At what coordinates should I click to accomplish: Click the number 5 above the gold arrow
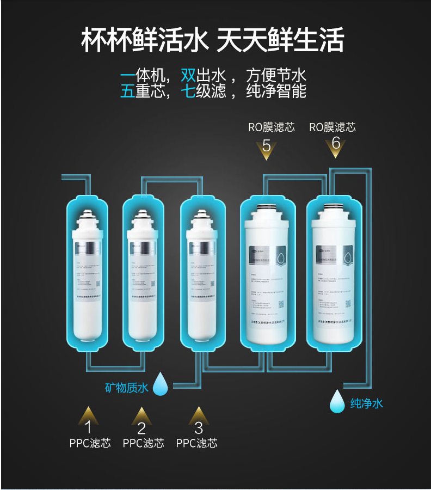tap(267, 145)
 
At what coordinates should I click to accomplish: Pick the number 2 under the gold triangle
tap(141, 428)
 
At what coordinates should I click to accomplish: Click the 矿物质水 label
tap(126, 388)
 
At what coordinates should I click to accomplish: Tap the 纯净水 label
tap(367, 403)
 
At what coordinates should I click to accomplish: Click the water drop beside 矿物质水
tap(161, 383)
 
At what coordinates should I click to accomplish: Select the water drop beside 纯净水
tap(337, 401)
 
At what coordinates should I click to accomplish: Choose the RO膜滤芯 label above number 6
tap(333, 127)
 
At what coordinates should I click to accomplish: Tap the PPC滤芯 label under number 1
tap(90, 443)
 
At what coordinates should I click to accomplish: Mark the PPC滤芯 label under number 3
tap(196, 443)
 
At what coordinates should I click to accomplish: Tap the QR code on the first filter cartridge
tap(98, 284)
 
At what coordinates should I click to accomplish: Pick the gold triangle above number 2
tap(141, 414)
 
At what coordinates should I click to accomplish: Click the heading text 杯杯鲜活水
tap(144, 41)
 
